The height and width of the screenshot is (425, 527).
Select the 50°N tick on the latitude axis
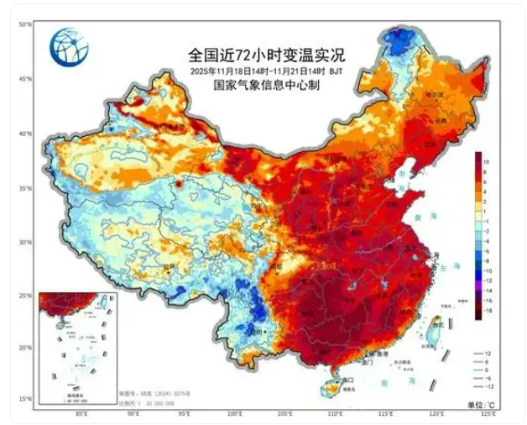25,25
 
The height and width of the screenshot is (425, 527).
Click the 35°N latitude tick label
25,187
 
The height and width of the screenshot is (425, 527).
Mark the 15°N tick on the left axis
25,399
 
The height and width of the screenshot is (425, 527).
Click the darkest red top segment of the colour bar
477,156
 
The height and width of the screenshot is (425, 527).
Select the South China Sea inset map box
78,347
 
